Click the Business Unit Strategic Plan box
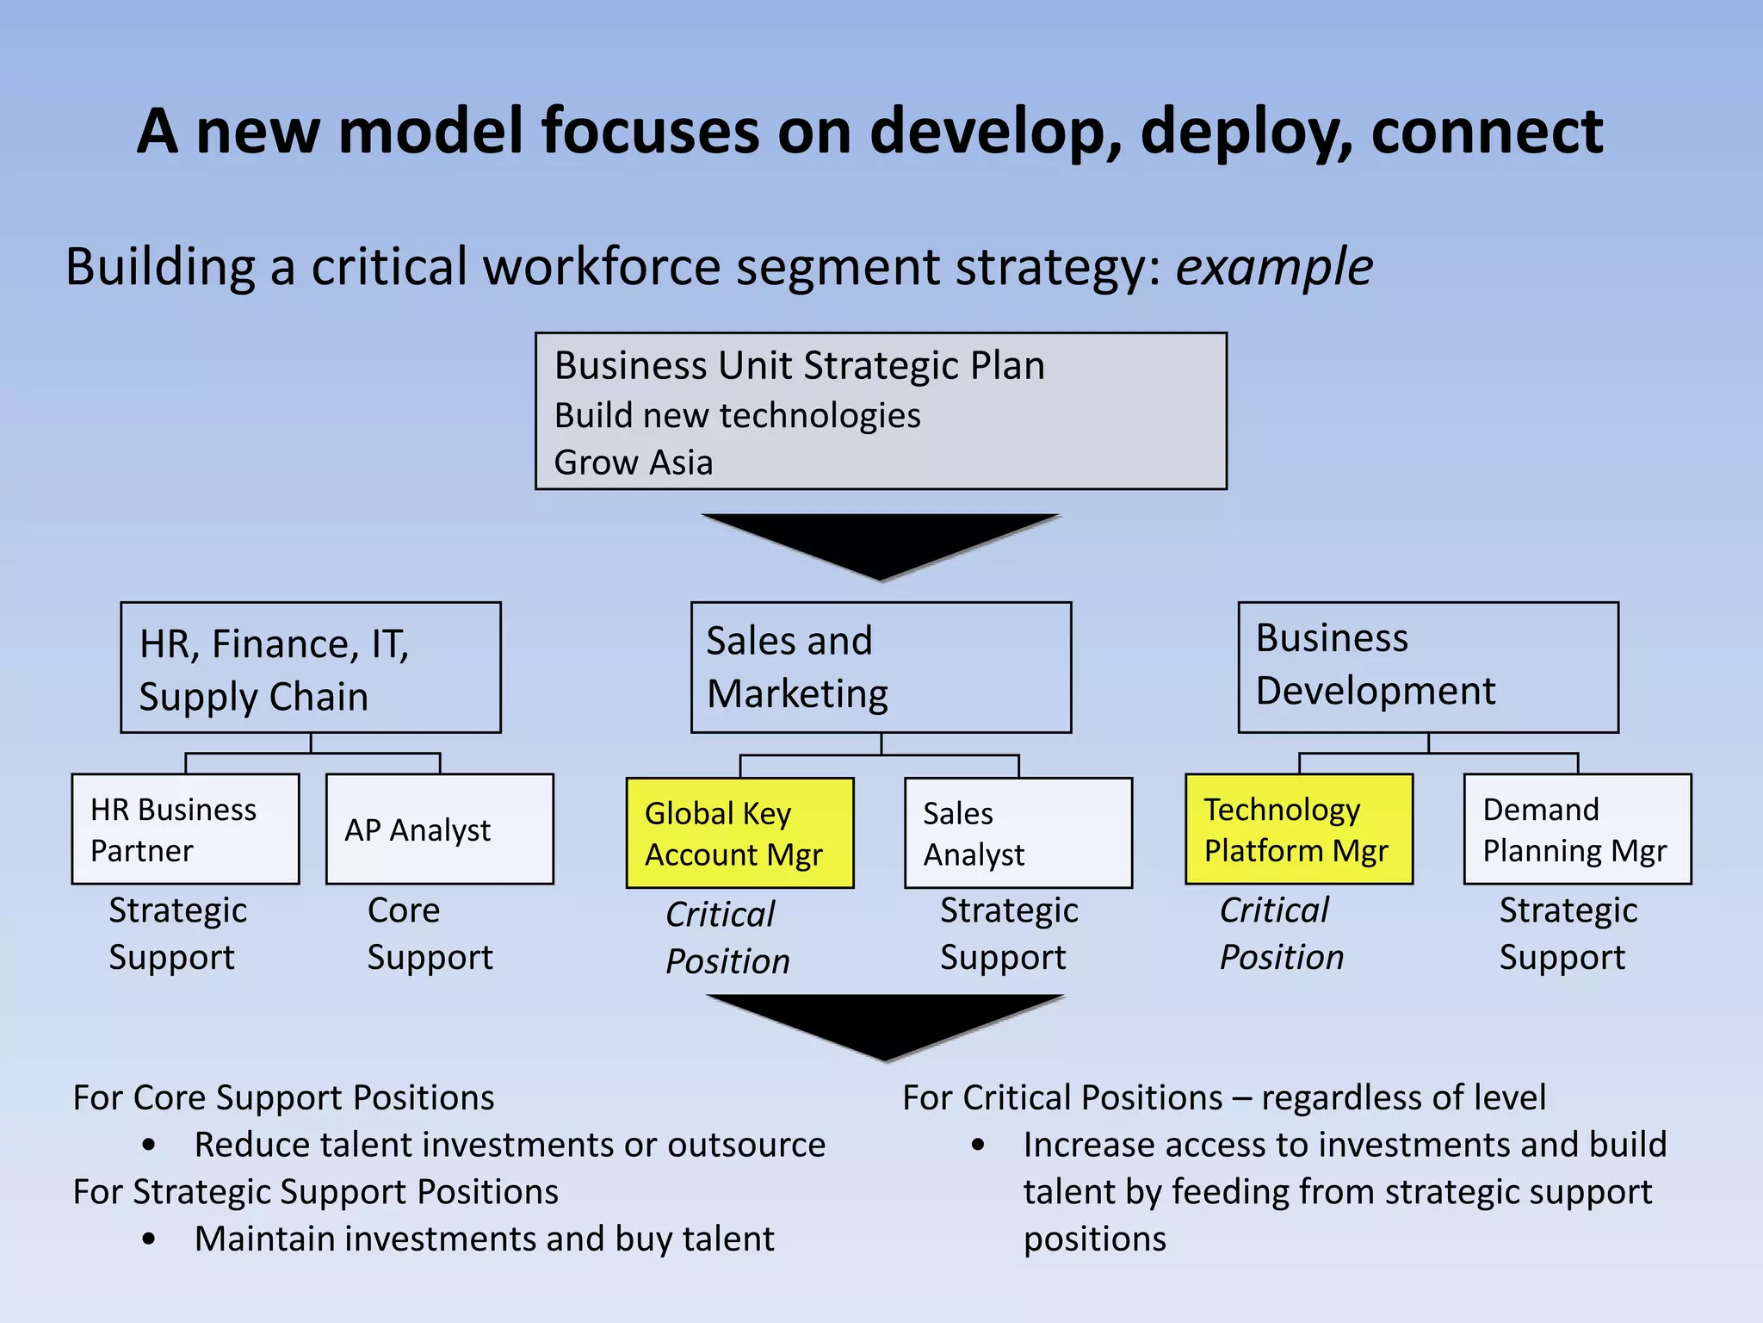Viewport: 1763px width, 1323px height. click(881, 411)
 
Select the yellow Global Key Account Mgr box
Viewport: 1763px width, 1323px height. click(739, 833)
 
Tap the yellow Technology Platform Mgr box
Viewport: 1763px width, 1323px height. click(1298, 829)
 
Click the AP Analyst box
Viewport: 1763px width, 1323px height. click(439, 829)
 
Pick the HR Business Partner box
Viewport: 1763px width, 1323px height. click(185, 829)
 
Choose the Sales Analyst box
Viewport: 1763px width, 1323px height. click(1018, 833)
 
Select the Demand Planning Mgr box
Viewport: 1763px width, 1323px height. click(1577, 829)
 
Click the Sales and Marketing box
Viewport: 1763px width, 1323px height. click(881, 668)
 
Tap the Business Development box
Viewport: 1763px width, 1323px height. click(1427, 668)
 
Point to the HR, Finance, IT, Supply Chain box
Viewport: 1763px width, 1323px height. click(310, 668)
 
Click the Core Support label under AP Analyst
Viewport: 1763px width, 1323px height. click(430, 934)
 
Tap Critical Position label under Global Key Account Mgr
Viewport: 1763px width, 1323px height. click(727, 938)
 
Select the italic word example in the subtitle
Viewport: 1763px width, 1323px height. click(1274, 266)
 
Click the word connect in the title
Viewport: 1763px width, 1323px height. click(1487, 131)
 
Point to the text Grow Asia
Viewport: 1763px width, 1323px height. click(634, 463)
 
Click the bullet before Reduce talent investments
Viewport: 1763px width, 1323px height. click(150, 1146)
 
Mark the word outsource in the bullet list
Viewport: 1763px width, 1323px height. click(746, 1145)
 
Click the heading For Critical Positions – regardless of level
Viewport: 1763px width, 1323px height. click(1223, 1097)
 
